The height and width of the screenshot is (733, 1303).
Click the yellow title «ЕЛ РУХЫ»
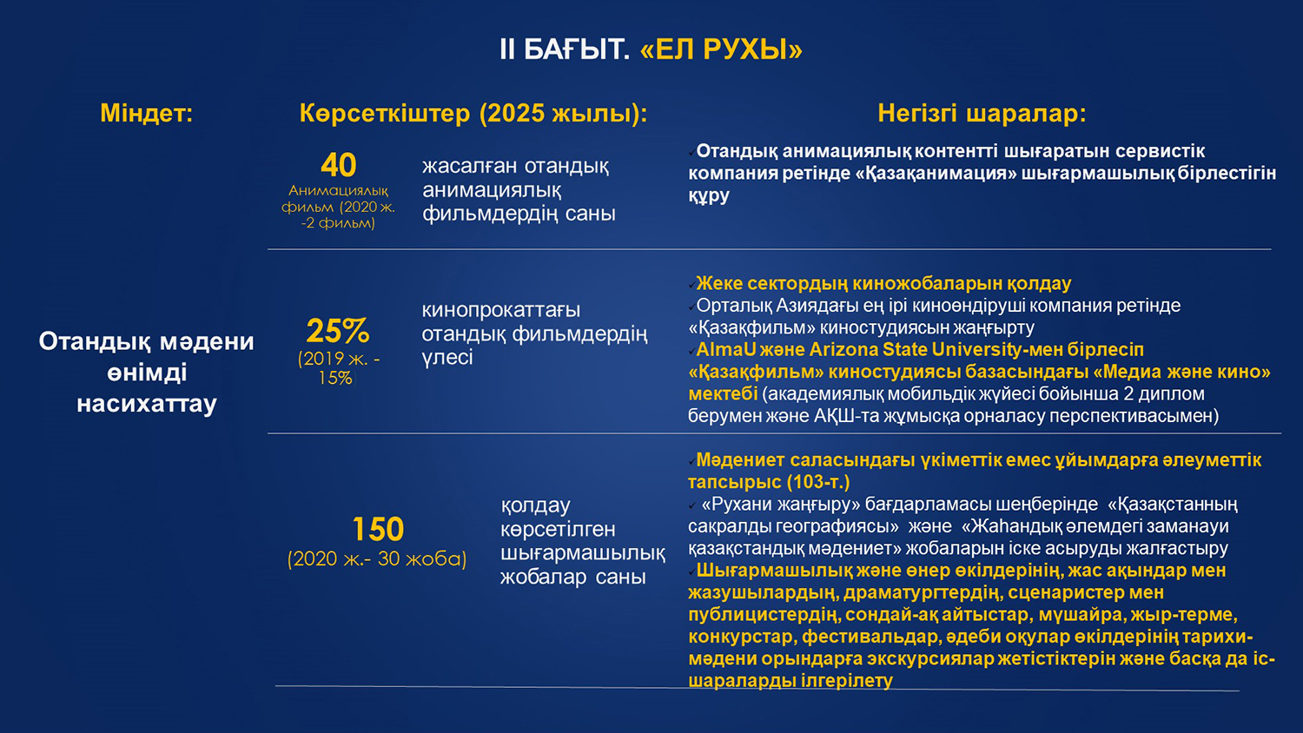721,50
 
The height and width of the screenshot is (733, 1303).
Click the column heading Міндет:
147,113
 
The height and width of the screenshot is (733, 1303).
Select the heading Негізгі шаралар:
982,113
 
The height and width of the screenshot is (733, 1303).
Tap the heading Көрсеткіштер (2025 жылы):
473,114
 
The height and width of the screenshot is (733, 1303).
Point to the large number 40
339,165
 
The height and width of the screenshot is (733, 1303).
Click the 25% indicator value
338,331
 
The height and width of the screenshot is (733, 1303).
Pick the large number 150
378,530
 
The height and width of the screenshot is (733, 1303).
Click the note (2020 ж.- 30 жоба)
377,559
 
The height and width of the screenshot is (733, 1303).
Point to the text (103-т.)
818,482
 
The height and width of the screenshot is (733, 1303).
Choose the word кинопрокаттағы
501,310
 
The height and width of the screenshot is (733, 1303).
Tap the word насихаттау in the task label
147,404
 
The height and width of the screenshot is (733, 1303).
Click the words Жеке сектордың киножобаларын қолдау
883,283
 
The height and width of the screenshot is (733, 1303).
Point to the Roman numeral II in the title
507,50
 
